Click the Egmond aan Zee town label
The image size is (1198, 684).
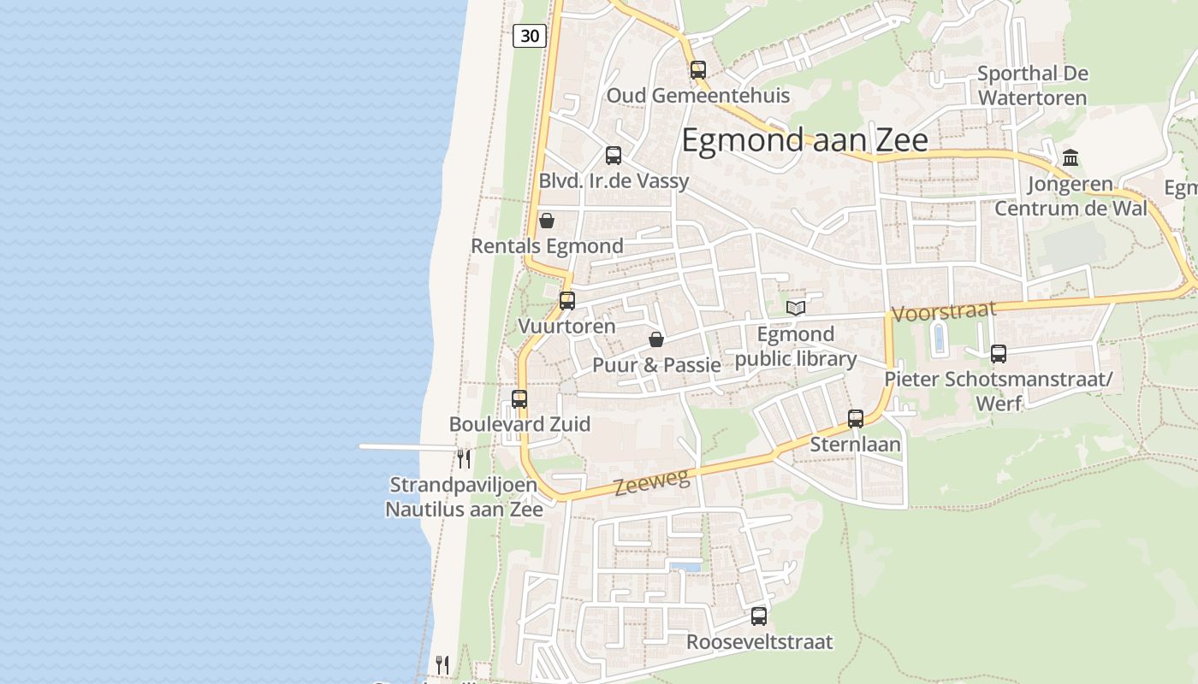[x=804, y=139]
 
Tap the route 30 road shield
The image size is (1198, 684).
[x=531, y=36]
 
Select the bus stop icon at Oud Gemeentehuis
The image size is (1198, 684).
[x=698, y=70]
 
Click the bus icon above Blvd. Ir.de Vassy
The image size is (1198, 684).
[x=614, y=156]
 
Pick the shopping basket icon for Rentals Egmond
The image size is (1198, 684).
[x=547, y=221]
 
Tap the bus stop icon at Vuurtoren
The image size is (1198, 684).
[x=566, y=301]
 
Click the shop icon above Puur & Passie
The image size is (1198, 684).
[x=656, y=339]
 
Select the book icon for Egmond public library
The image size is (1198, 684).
[x=796, y=308]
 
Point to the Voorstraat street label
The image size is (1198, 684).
[x=945, y=310]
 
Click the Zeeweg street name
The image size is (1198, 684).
[x=652, y=482]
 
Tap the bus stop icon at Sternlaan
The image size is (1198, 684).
[x=856, y=419]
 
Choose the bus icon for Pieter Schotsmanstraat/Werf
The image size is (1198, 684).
[x=998, y=353]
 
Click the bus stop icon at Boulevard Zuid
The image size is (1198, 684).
[x=519, y=399]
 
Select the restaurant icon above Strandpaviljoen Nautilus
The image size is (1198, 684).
[x=463, y=458]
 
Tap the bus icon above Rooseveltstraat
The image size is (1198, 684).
[x=759, y=616]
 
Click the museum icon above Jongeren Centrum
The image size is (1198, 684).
[x=1070, y=157]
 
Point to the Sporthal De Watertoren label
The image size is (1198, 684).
[x=1032, y=85]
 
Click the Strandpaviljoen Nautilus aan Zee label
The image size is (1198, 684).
[x=464, y=497]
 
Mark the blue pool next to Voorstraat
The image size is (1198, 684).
[x=939, y=338]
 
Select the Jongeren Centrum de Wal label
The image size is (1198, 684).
[x=1070, y=196]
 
